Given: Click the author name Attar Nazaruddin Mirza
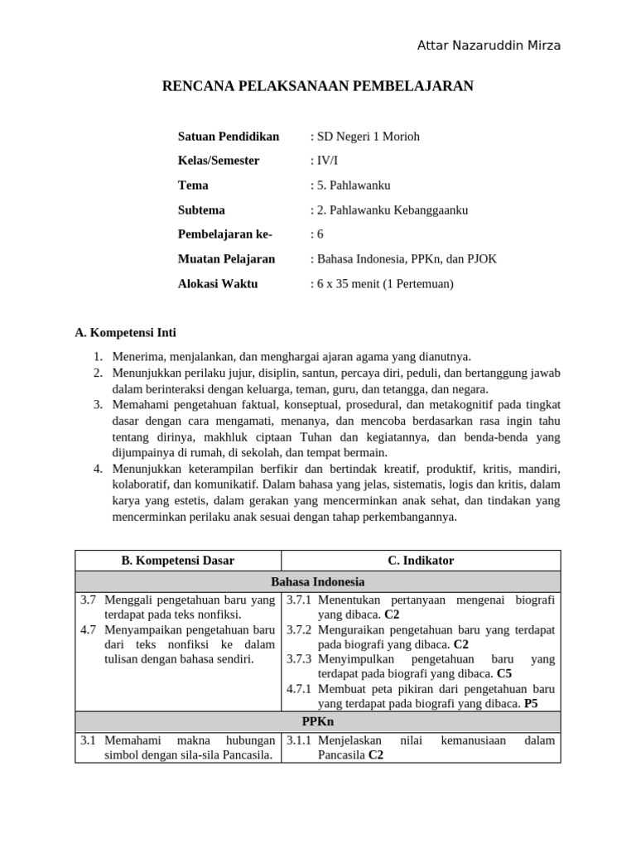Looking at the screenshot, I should [489, 46].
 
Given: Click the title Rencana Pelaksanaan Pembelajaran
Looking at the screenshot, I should [317, 86].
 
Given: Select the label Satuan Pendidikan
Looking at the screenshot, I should [229, 136].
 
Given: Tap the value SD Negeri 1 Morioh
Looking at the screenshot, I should [364, 136].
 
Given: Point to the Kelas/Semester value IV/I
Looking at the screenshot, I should [323, 161].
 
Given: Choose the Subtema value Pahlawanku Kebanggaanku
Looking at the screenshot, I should [388, 210].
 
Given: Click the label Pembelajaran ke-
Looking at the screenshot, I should [224, 234].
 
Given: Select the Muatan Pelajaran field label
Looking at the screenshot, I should [226, 259].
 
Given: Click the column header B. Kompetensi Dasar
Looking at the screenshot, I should [178, 561].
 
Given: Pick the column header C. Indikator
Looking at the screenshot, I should [421, 561].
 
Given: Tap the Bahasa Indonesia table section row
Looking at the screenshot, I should [317, 581].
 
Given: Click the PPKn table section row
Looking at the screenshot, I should [317, 722].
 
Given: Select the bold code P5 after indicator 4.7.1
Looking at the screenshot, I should [531, 704].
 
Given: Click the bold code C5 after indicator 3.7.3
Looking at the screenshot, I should [504, 674].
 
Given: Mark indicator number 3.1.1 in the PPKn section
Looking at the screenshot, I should [299, 740].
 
